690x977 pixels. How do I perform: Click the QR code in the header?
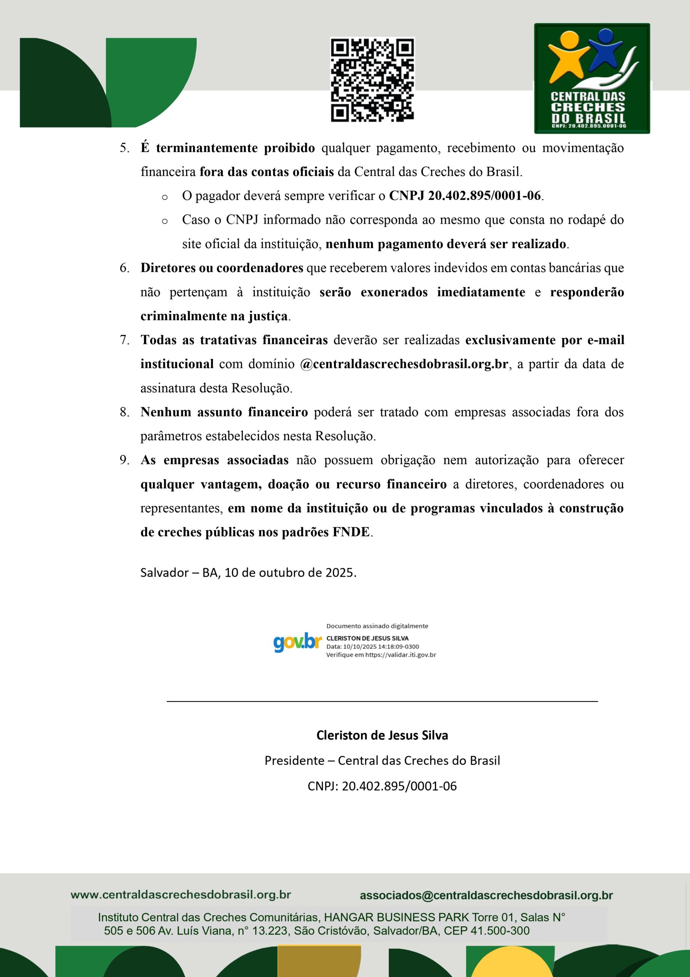372,80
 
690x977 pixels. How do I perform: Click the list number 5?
124,148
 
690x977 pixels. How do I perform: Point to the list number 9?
124,460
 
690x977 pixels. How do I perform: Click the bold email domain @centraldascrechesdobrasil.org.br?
404,364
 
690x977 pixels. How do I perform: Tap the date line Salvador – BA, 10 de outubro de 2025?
248,572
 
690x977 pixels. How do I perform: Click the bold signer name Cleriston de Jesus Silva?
382,735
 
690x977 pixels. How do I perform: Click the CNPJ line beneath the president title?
382,786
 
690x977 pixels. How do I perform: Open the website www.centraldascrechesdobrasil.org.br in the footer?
181,895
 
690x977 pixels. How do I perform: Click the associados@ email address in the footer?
486,895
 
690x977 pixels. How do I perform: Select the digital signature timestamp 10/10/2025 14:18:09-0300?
381,646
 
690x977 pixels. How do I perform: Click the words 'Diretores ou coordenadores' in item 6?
221,268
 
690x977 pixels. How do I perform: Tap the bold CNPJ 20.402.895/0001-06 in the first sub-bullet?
465,196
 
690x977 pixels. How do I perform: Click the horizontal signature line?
382,701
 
